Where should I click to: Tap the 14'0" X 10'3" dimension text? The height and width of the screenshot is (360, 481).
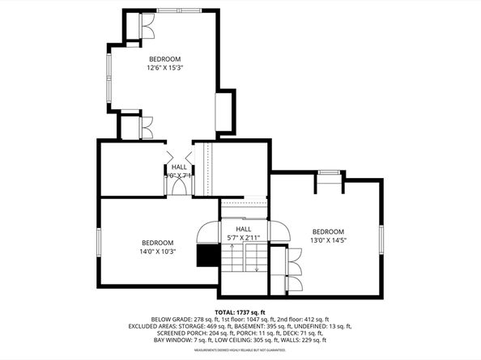tap(158, 252)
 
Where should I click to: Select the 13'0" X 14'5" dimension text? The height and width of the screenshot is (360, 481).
tap(328, 240)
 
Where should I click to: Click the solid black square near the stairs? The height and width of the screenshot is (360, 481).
tap(209, 256)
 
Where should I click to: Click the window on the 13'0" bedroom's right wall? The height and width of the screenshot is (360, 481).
tap(381, 239)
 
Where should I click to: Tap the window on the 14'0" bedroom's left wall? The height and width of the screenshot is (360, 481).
tap(99, 243)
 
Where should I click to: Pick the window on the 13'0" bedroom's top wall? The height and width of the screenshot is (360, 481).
tap(328, 172)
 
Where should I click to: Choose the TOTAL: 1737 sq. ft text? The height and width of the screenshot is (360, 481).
tap(240, 311)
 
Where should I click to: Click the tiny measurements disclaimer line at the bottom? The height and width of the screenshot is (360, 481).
tap(240, 350)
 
